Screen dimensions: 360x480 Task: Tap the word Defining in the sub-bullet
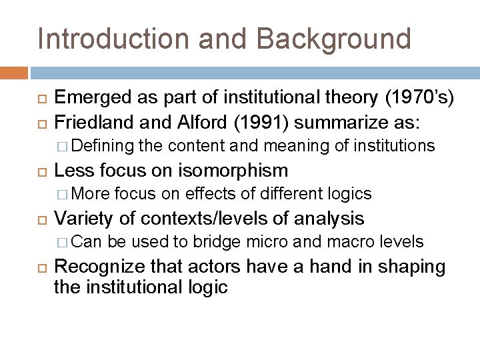coord(106,146)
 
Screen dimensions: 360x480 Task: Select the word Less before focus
coord(72,170)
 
